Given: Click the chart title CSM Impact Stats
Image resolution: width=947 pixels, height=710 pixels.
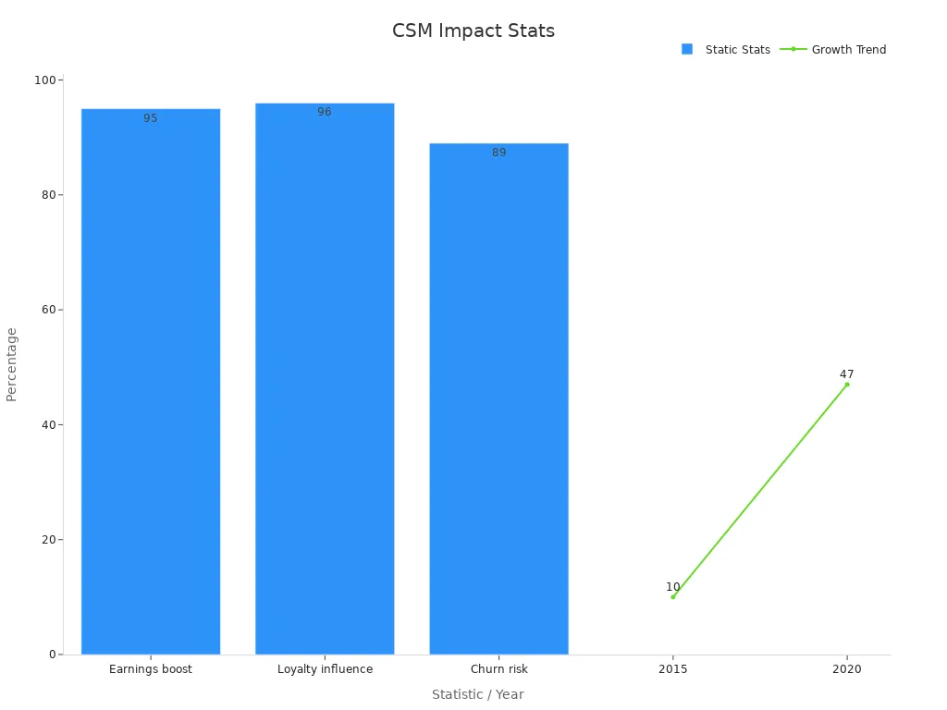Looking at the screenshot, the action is [473, 31].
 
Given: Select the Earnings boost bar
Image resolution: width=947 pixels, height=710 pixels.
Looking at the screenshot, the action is [151, 382].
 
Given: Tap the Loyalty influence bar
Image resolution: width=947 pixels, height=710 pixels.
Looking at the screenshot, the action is [325, 378].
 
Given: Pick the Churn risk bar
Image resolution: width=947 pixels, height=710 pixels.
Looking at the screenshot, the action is [498, 399].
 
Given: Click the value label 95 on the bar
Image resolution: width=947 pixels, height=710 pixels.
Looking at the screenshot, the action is [151, 118].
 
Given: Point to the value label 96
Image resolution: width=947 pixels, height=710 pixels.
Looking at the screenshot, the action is [325, 112].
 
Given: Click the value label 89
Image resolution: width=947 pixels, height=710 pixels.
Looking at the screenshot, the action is [498, 153].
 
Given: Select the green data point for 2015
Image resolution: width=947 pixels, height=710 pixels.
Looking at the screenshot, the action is [673, 597].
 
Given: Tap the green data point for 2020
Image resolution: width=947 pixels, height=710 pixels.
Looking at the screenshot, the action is [847, 385].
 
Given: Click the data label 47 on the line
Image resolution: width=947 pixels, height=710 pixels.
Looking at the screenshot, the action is [847, 374].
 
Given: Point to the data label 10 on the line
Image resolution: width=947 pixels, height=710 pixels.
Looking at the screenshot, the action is [673, 587].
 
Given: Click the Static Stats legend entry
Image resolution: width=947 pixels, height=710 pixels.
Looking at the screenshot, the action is [726, 50].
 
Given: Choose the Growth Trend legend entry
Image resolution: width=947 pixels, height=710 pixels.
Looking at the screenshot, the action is [833, 50].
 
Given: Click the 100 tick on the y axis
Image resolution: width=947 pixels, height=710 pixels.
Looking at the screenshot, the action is [44, 80].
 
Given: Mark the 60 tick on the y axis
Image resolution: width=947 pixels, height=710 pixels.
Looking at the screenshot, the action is [48, 310].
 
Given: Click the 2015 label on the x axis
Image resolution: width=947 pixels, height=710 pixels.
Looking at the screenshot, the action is [673, 669].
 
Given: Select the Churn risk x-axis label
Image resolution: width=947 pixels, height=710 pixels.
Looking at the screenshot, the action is [498, 669].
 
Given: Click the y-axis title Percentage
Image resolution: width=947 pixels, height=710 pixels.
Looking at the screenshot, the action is [11, 364].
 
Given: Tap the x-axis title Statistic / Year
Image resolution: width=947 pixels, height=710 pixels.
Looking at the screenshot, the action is [478, 694].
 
